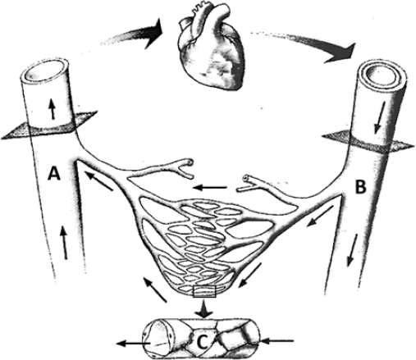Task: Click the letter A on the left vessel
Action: click(54, 174)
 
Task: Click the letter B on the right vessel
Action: click(360, 187)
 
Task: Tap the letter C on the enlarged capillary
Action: click(203, 343)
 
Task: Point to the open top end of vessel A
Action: click(46, 72)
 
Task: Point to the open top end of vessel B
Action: click(383, 75)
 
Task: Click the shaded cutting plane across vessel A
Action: click(49, 126)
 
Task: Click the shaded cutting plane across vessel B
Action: click(367, 143)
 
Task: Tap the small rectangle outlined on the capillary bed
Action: click(204, 291)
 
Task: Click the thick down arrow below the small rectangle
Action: click(203, 309)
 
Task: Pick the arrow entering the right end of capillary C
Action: click(277, 340)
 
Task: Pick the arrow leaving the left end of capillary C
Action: click(133, 344)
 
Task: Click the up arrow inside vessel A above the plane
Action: click(53, 109)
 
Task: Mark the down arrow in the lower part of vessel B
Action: click(352, 250)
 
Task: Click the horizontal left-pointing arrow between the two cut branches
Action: click(210, 188)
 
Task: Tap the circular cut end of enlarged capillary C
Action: click(156, 338)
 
